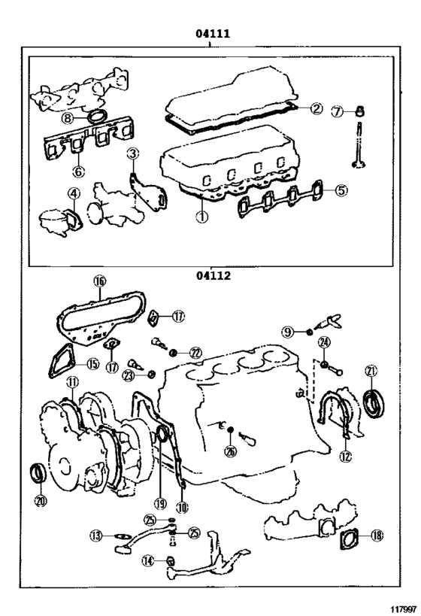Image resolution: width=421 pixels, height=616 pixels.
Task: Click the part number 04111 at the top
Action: click(211, 34)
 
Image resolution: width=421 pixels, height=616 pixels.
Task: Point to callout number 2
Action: click(317, 108)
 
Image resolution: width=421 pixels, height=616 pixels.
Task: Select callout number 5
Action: click(341, 190)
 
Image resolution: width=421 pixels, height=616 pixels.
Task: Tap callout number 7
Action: click(338, 112)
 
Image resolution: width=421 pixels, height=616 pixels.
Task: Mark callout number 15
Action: click(91, 364)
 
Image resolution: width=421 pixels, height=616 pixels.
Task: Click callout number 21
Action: click(371, 370)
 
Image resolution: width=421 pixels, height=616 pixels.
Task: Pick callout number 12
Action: click(344, 455)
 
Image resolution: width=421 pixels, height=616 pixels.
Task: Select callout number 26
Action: click(230, 451)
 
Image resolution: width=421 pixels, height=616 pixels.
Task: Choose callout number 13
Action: click(96, 536)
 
